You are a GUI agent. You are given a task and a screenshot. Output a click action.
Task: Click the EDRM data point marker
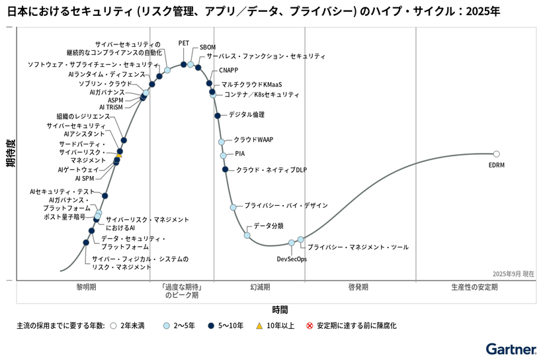[497, 154]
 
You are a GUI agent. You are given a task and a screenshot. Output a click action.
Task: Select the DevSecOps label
[292, 259]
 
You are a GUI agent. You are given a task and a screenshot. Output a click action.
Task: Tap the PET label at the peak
[184, 43]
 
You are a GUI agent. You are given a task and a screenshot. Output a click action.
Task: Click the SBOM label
[208, 48]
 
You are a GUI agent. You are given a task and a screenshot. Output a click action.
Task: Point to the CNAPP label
[229, 70]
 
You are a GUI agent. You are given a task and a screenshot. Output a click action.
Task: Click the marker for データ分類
[247, 236]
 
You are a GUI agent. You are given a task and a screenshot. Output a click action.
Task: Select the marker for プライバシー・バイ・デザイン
[233, 207]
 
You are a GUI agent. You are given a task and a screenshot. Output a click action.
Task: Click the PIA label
[240, 154]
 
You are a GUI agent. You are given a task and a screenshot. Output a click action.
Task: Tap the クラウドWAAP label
[253, 140]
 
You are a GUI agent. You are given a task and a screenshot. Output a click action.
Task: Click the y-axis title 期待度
[11, 154]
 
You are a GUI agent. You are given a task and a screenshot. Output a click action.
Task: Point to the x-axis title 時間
[280, 309]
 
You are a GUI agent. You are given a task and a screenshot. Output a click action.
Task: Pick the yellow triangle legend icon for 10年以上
[260, 326]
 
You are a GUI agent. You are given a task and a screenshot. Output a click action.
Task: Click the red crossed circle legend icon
[309, 326]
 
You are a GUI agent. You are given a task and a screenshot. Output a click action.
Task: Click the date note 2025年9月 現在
[513, 273]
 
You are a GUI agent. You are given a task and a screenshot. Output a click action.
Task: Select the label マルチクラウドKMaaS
[251, 85]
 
